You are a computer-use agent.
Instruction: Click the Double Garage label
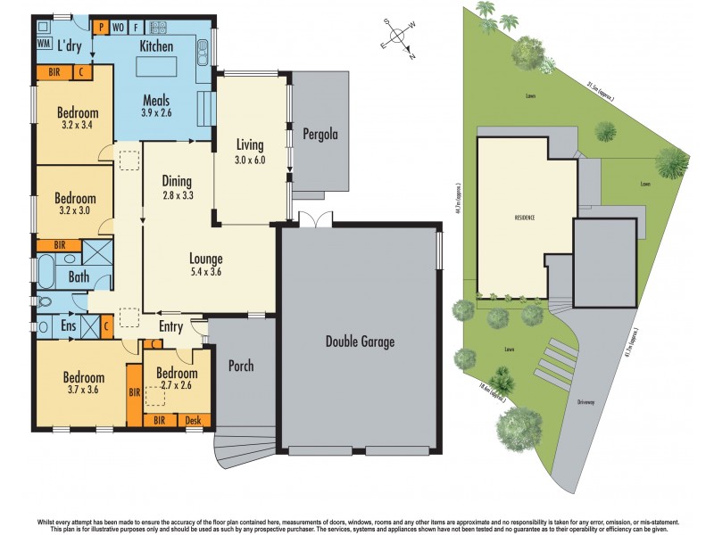point(360,342)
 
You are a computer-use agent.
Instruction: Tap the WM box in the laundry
point(44,43)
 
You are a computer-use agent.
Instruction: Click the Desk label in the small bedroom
point(194,420)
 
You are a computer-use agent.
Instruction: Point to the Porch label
point(242,366)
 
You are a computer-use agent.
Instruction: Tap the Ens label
point(69,327)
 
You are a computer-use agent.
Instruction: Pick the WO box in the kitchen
point(119,27)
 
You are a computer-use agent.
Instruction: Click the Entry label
point(170,327)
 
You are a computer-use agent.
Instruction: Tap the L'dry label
point(71,44)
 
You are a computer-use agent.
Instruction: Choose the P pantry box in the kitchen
point(102,27)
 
